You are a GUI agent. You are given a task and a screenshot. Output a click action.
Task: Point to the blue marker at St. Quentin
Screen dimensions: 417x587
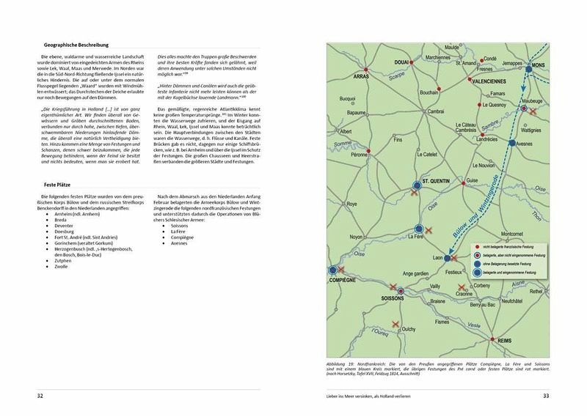point(416,185)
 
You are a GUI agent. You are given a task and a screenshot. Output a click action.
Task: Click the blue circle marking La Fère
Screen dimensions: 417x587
point(419,229)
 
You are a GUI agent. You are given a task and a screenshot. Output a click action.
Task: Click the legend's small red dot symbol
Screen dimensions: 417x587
point(478,248)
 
